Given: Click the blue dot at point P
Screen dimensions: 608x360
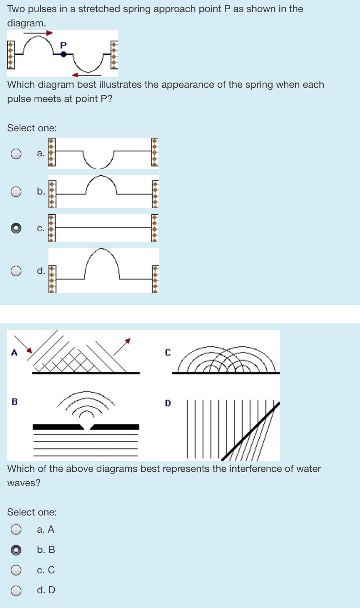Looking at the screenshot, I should tap(64, 54).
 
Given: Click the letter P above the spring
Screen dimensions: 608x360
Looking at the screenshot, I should tap(64, 45).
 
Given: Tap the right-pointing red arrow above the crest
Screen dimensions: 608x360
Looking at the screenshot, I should tap(50, 33).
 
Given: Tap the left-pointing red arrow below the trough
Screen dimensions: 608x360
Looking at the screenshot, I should tap(75, 75).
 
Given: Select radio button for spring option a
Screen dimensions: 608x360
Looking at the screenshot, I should tap(16, 154).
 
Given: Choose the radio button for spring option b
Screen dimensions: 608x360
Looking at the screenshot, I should tap(16, 192).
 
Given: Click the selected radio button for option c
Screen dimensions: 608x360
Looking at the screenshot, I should tap(16, 228).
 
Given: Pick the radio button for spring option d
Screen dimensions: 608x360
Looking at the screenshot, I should tap(16, 271).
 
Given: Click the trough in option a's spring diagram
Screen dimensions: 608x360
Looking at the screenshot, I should tap(99, 166).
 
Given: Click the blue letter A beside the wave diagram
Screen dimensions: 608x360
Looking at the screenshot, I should tap(14, 353).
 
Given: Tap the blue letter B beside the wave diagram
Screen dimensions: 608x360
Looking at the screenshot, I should tap(14, 402).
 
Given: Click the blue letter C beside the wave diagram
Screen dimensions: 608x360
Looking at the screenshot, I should tap(168, 353).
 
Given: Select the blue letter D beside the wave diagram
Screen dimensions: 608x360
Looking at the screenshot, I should tap(168, 403).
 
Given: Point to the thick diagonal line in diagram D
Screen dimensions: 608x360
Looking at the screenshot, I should tap(250, 432).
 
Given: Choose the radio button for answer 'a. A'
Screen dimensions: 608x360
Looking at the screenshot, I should tap(16, 529).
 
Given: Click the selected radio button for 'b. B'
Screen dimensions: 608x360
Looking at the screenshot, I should tap(16, 550).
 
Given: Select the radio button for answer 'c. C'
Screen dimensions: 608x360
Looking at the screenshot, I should tap(16, 570).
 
